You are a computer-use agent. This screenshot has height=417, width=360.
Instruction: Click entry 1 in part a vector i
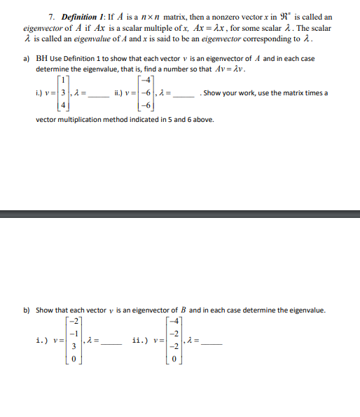click(x=62, y=83)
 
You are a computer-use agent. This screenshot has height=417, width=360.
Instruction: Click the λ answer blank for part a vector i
click(x=98, y=94)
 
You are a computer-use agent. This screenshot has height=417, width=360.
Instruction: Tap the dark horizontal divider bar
click(x=180, y=214)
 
